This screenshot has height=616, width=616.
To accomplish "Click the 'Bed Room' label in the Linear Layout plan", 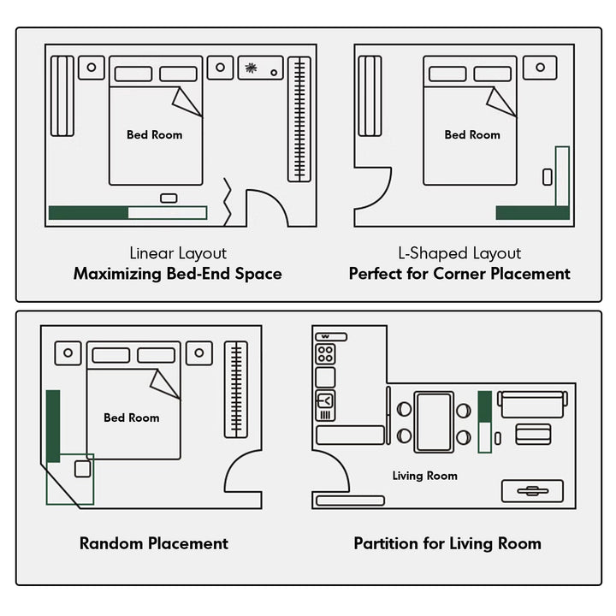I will point(154,134).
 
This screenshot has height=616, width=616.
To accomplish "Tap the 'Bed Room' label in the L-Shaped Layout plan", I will point(472,134).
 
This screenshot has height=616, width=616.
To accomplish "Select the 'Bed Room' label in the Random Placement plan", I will point(132,418).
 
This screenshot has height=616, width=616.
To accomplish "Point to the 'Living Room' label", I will point(424,476).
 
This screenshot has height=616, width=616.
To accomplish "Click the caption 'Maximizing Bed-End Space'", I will point(177,275).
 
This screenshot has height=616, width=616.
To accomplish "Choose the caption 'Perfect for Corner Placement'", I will point(459,275).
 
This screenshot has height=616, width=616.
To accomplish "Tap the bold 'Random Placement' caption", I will point(154,543).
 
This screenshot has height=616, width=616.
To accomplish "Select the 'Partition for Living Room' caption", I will point(447,543).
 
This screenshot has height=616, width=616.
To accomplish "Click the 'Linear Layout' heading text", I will point(178,253).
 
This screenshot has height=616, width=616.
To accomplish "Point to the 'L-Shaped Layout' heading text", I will point(459,253).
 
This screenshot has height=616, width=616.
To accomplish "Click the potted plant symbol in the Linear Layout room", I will point(251,68).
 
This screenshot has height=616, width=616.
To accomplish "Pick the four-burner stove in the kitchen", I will point(325,353).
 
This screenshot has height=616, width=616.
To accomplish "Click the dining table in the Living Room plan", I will point(434,422).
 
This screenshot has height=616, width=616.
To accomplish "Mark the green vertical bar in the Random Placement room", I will point(53,425).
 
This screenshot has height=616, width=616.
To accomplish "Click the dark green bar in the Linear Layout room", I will point(88,213).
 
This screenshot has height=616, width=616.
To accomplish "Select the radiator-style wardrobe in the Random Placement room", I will point(235,389).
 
